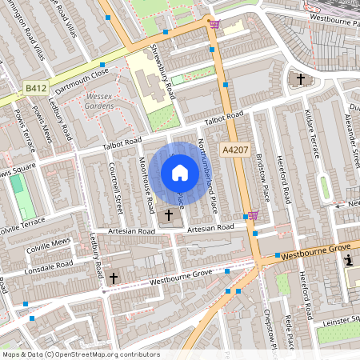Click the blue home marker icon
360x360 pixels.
[180, 173]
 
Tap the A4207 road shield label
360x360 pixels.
[235, 149]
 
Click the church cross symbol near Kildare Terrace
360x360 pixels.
[301, 79]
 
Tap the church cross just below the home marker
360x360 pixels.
[169, 215]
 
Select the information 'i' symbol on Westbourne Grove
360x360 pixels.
[349, 261]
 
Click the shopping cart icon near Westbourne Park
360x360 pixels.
[214, 24]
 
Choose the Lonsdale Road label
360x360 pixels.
[50, 265]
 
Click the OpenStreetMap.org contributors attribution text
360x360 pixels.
[104, 354]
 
